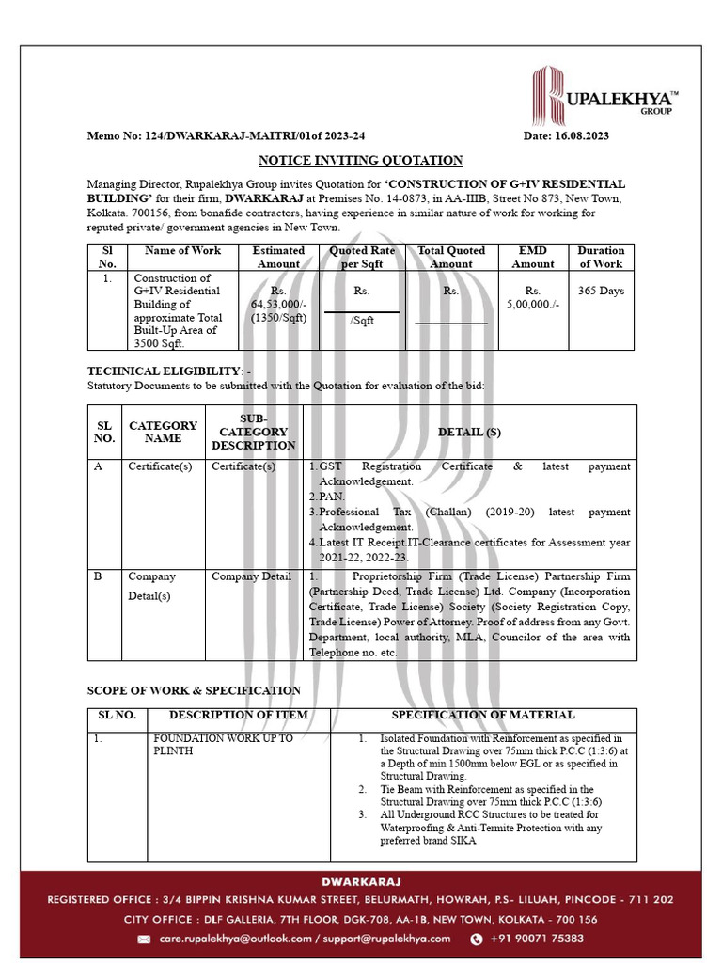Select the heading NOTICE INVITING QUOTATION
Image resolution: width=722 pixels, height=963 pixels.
(x=360, y=161)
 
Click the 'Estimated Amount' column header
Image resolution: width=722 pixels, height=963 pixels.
(x=278, y=258)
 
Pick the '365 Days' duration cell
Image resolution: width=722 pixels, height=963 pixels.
(x=601, y=291)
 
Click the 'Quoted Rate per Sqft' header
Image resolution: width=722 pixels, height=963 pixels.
(x=362, y=258)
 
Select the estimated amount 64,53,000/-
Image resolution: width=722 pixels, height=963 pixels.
(x=278, y=305)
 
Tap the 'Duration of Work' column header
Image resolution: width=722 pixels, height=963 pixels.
(x=601, y=258)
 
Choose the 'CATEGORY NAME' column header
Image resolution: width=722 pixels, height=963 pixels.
(x=163, y=432)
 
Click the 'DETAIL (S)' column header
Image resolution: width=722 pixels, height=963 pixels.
(x=469, y=432)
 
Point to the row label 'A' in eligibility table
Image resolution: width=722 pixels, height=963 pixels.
(x=99, y=466)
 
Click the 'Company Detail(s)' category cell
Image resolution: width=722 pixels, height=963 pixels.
(x=151, y=586)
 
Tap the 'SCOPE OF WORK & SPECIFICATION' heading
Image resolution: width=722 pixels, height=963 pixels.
(x=194, y=691)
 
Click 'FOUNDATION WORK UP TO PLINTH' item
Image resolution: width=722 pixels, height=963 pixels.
(x=223, y=745)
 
